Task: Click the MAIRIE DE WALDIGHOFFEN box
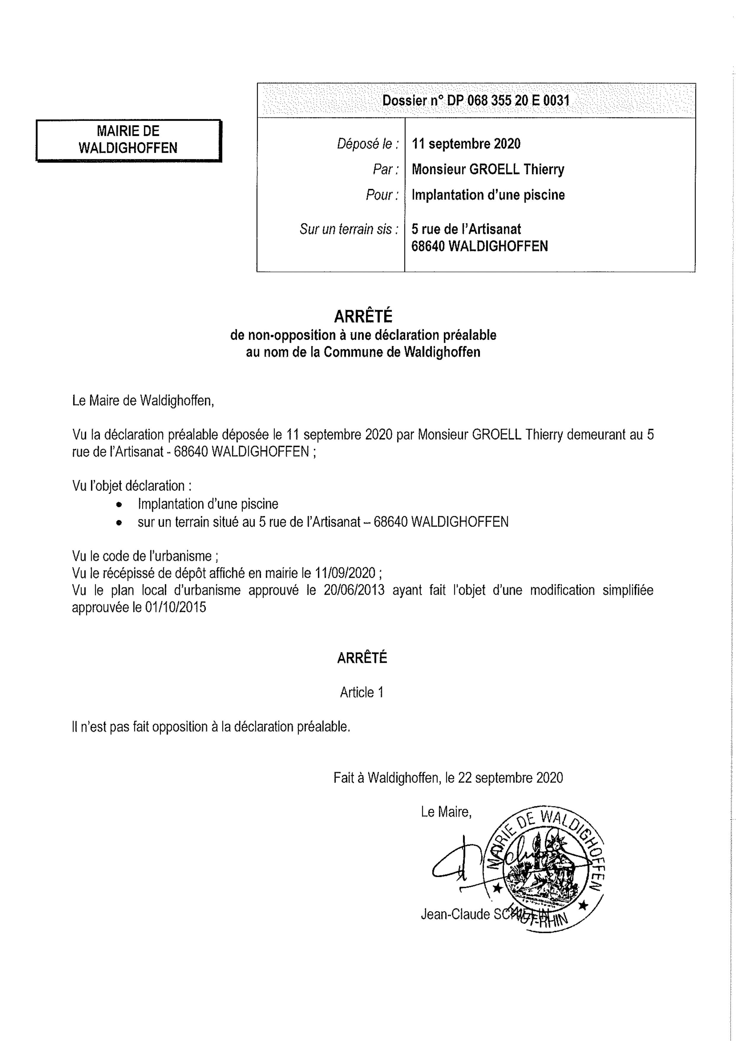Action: coord(128,140)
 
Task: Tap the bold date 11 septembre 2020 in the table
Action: coord(466,144)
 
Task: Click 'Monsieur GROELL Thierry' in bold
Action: coord(488,170)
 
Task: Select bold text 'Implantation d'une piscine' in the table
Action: coord(488,195)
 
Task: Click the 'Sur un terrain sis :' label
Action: coord(349,229)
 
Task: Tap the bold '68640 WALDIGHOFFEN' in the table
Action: coord(479,246)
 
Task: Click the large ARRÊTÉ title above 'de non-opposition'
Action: coord(363,316)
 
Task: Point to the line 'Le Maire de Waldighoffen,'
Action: coord(143,401)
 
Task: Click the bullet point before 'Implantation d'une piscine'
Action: coord(119,504)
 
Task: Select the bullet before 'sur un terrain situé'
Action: coord(119,522)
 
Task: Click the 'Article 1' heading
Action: coord(362,692)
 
